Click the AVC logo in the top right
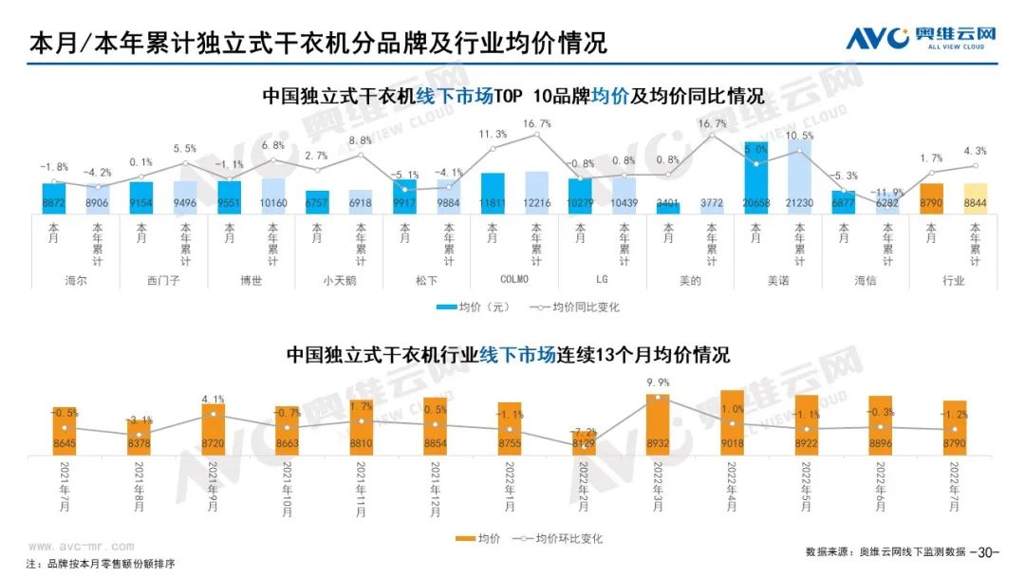(x=920, y=39)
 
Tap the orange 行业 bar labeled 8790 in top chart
(x=931, y=198)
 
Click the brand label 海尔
(x=76, y=281)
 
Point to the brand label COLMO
(x=513, y=281)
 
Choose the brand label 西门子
(x=163, y=281)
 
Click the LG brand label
(x=601, y=281)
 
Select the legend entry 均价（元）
(x=474, y=307)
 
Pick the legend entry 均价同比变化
(x=572, y=307)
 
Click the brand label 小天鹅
(x=339, y=281)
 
